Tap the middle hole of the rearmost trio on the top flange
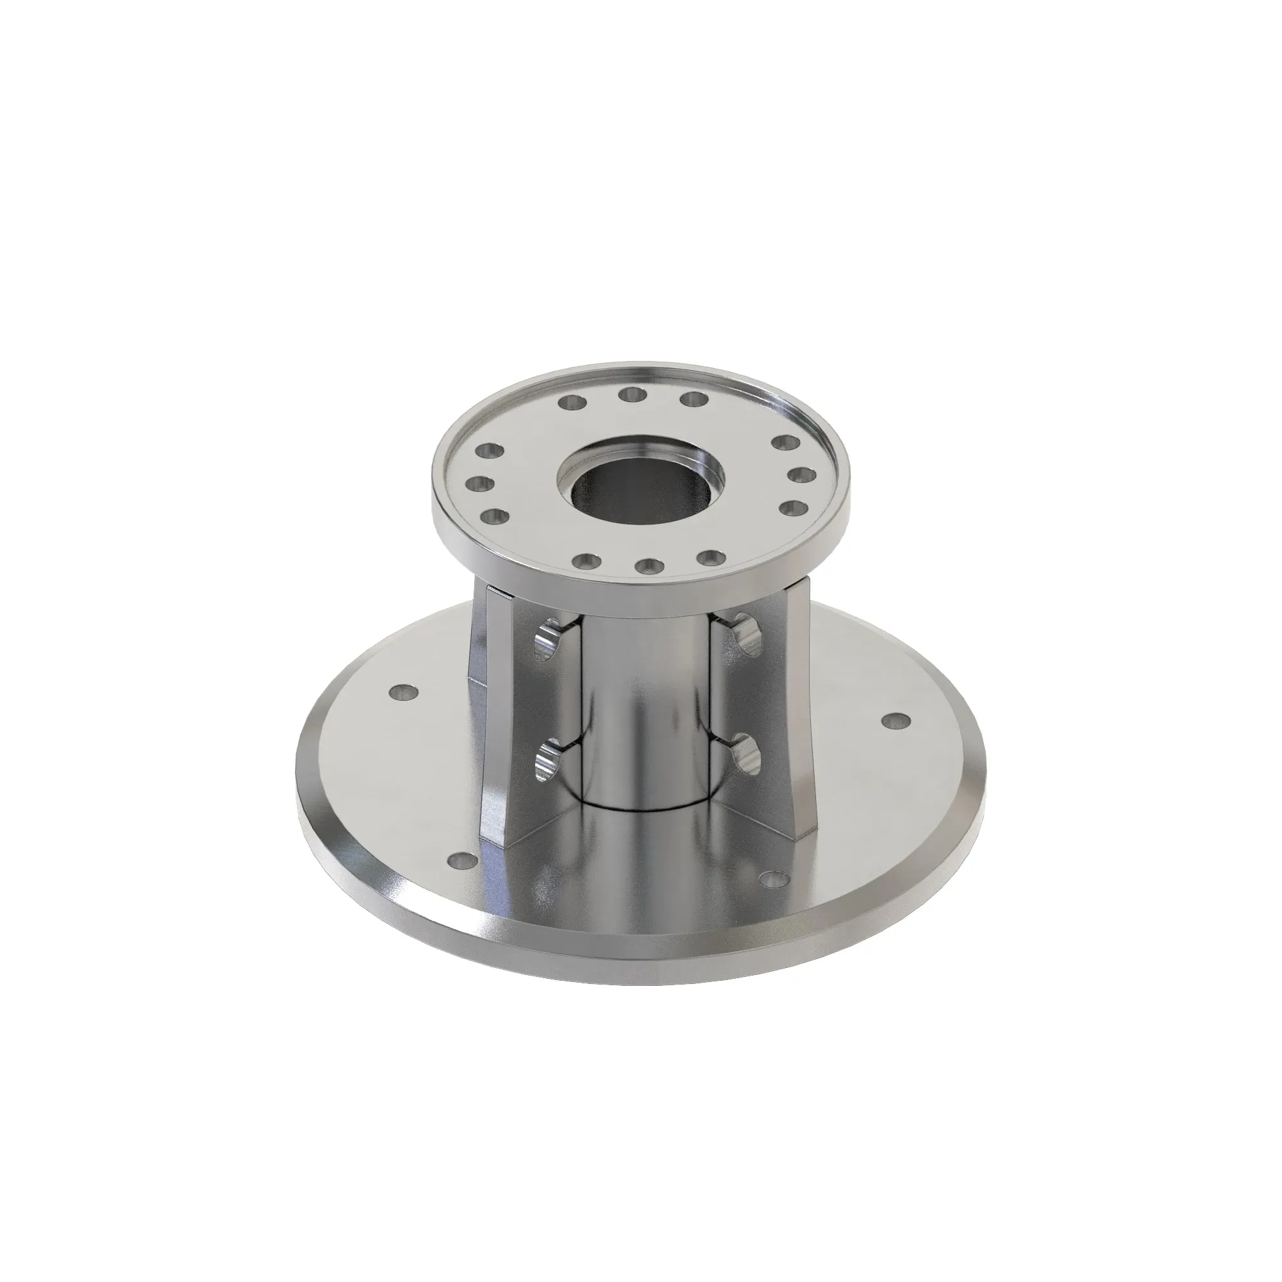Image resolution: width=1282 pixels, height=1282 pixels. pyautogui.click(x=633, y=394)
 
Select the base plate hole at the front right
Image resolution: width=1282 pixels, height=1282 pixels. pyautogui.click(x=772, y=879)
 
